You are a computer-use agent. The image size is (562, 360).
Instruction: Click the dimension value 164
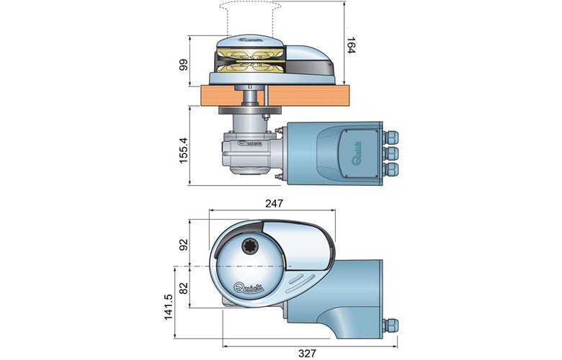tap(350, 45)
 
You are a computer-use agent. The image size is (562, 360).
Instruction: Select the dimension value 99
tap(184, 66)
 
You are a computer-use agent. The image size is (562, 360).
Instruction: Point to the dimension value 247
tap(275, 204)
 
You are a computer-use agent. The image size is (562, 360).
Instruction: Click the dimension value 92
tap(184, 245)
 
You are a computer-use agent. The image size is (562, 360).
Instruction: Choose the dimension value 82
tap(184, 288)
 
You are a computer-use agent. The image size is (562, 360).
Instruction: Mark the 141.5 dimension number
tap(169, 307)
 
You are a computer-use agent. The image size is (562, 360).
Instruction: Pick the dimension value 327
tap(308, 354)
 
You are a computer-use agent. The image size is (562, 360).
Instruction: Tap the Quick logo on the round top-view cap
tap(249, 287)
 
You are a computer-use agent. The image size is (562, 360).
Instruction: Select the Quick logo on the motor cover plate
tap(357, 153)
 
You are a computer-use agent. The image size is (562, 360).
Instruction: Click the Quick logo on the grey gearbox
tap(250, 143)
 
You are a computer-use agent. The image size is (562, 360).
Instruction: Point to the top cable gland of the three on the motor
tap(390, 137)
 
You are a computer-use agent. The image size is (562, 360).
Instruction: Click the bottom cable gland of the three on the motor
tap(390, 169)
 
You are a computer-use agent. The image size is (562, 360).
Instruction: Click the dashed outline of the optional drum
tap(250, 18)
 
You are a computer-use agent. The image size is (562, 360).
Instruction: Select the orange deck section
tap(275, 95)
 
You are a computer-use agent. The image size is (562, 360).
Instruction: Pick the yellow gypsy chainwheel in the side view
tap(251, 62)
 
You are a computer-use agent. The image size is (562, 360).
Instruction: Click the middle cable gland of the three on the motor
tap(390, 153)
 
